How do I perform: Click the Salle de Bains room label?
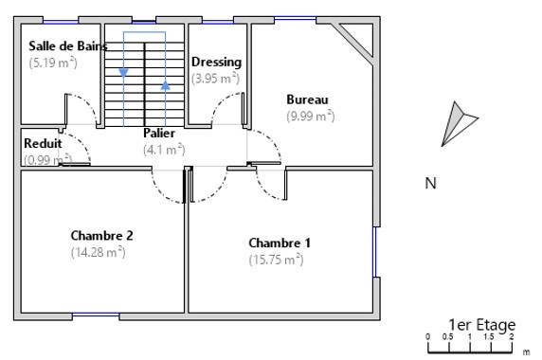(68, 46)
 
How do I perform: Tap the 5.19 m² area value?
(53, 63)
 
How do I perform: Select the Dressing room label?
(216, 63)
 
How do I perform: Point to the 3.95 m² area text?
(215, 78)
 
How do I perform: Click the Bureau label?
(307, 99)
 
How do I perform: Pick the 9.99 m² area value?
(311, 116)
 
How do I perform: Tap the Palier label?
(159, 133)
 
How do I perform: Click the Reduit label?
(43, 143)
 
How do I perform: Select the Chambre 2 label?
(101, 236)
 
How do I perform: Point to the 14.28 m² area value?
(99, 252)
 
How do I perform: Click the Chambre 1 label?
(280, 243)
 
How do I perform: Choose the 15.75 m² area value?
(276, 260)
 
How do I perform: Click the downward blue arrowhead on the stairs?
(123, 73)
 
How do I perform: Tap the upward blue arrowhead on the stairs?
(166, 85)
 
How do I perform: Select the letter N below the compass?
(430, 183)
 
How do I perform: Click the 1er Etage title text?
(482, 325)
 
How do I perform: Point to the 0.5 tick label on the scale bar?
(447, 337)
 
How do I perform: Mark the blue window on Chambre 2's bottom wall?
(96, 315)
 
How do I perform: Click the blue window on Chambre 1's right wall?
(374, 252)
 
